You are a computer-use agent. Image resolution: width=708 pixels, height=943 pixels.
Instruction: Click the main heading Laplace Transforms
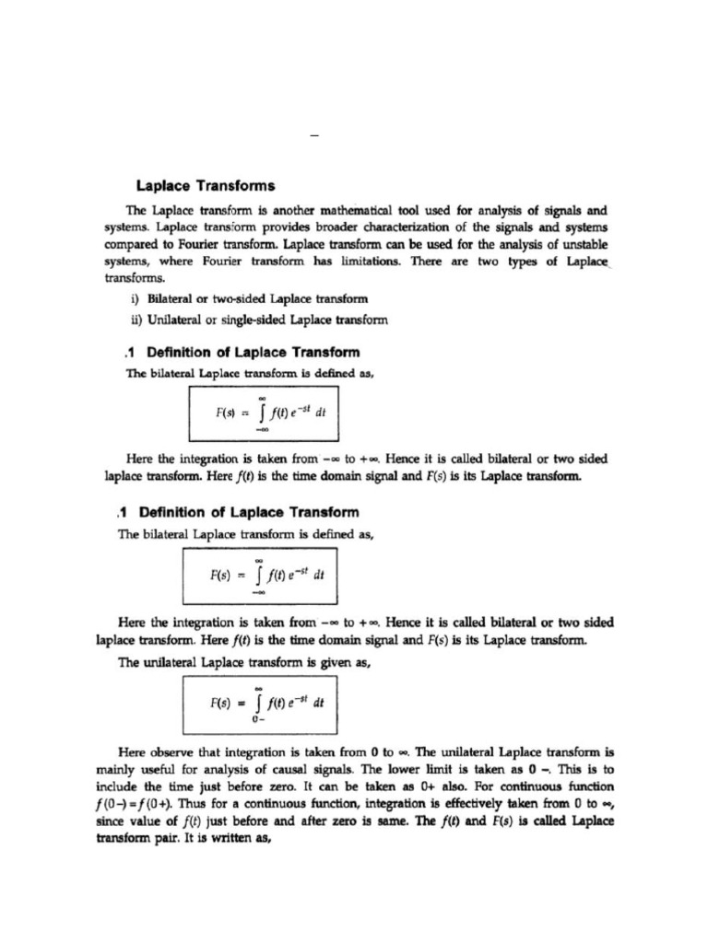(x=198, y=185)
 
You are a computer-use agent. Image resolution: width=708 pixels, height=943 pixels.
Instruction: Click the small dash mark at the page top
(x=315, y=137)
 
